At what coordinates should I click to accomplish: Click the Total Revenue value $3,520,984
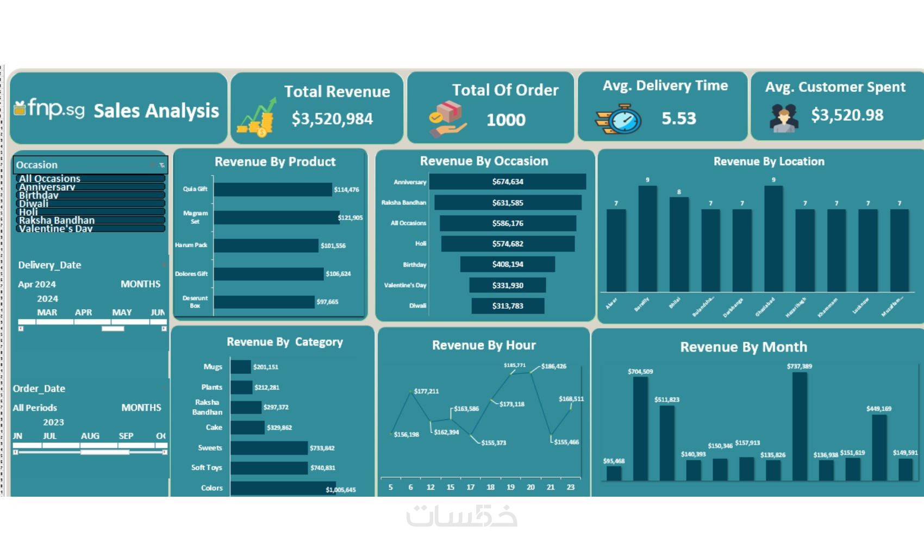(332, 119)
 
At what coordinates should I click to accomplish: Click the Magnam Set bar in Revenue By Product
(276, 217)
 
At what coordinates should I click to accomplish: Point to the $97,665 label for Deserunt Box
(328, 302)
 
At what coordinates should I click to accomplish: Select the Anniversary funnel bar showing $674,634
(507, 182)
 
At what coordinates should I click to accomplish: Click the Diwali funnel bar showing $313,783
(507, 306)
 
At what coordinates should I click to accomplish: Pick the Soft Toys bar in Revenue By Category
(269, 468)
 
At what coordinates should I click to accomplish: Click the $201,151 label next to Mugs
(266, 367)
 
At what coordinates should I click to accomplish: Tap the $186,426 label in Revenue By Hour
(553, 366)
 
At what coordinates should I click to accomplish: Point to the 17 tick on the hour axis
(471, 487)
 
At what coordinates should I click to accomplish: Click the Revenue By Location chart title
(769, 161)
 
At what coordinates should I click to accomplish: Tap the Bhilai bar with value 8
(679, 245)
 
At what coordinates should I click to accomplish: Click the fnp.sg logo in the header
(49, 109)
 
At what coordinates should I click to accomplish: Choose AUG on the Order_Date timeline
(90, 436)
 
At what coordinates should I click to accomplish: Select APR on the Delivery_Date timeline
(84, 312)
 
